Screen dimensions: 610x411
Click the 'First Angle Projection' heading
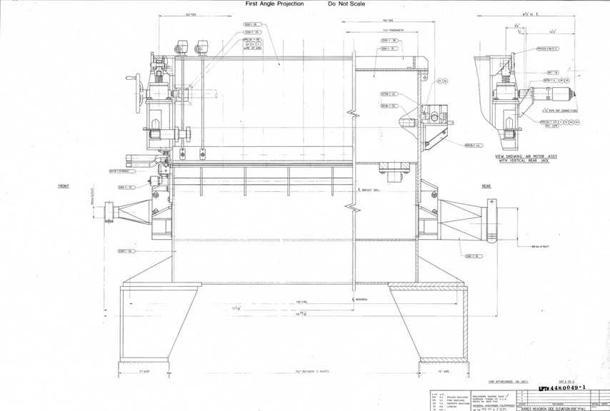tap(274, 4)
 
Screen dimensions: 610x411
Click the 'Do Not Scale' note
tap(346, 4)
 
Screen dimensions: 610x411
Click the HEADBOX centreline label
tap(361, 300)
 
